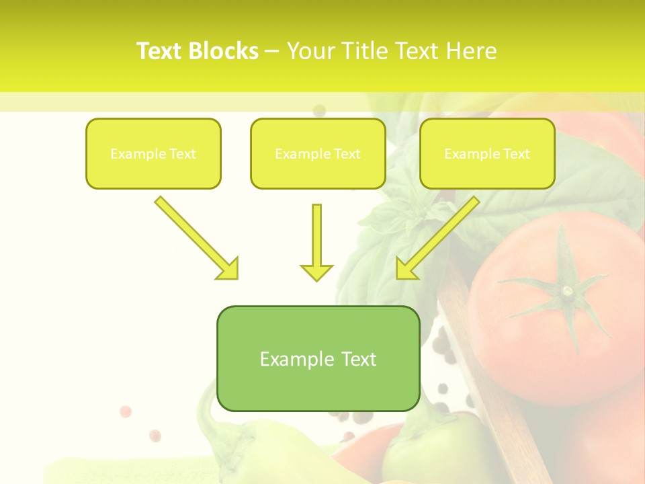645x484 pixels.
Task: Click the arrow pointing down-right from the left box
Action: click(195, 237)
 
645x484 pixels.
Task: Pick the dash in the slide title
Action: click(272, 52)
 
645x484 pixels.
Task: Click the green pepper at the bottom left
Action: click(228, 450)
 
